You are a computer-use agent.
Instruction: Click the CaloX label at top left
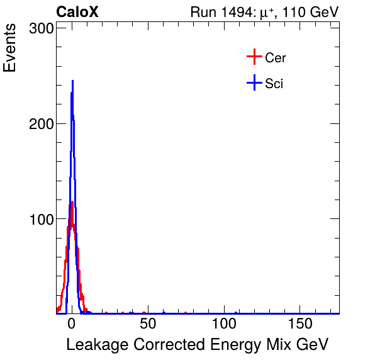click(77, 12)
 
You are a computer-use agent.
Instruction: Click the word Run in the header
click(203, 12)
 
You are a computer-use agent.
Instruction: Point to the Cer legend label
click(276, 58)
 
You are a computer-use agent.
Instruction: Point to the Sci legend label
click(274, 83)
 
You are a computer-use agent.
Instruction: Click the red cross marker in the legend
click(254, 57)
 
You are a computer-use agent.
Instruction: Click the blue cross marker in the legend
click(254, 82)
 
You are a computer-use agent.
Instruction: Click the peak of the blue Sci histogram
click(72, 81)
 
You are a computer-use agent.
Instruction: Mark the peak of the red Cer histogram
click(72, 202)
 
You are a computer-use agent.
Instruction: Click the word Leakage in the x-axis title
click(93, 344)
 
